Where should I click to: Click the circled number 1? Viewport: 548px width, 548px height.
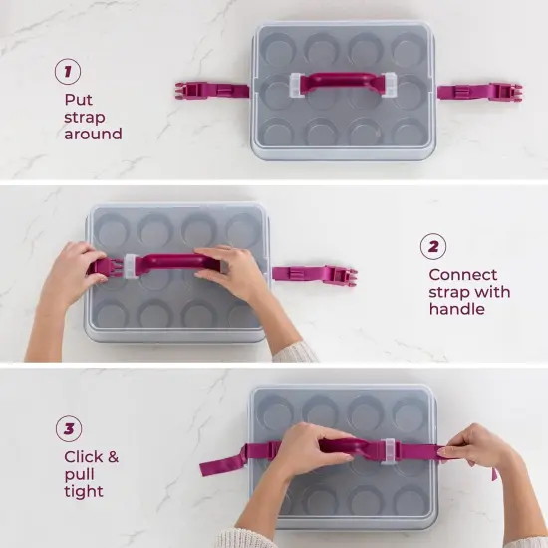[x=69, y=71]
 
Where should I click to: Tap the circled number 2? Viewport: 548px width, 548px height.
[x=432, y=246]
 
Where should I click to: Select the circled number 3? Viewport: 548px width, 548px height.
[x=69, y=430]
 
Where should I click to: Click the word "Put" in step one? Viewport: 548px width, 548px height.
[x=78, y=100]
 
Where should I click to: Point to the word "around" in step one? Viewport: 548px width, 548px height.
[x=93, y=134]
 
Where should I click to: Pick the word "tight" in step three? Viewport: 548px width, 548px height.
[x=83, y=491]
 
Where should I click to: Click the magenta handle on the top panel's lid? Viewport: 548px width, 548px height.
[x=342, y=82]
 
